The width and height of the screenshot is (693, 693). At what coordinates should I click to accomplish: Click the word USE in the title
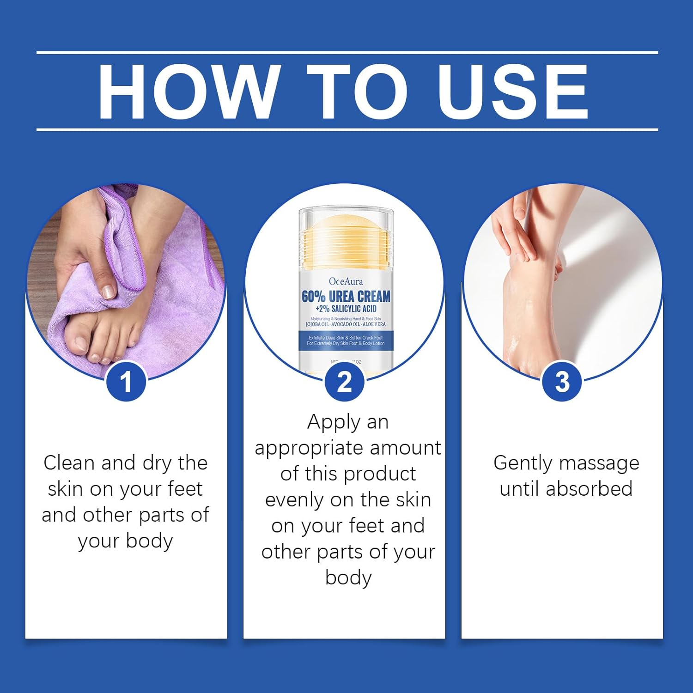pyautogui.click(x=513, y=91)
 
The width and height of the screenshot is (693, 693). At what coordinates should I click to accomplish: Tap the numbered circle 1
pyautogui.click(x=126, y=382)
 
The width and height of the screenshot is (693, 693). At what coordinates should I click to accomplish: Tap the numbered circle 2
pyautogui.click(x=344, y=382)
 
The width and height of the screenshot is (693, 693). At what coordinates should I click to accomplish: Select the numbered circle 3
pyautogui.click(x=562, y=382)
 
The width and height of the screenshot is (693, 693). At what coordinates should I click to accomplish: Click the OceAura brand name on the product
pyautogui.click(x=346, y=281)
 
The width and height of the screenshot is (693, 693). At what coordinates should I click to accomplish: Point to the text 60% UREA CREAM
pyautogui.click(x=346, y=297)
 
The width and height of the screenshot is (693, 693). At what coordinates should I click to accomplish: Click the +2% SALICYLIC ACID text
pyautogui.click(x=346, y=309)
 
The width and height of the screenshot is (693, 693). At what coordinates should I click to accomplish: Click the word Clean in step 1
pyautogui.click(x=69, y=463)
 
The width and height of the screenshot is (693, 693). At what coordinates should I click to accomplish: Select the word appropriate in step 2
pyautogui.click(x=309, y=449)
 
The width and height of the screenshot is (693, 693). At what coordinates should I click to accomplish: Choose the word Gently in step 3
pyautogui.click(x=522, y=463)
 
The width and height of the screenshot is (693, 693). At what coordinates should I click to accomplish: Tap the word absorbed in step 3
pyautogui.click(x=589, y=489)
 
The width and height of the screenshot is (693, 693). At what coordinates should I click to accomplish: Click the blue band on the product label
pyautogui.click(x=346, y=340)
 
